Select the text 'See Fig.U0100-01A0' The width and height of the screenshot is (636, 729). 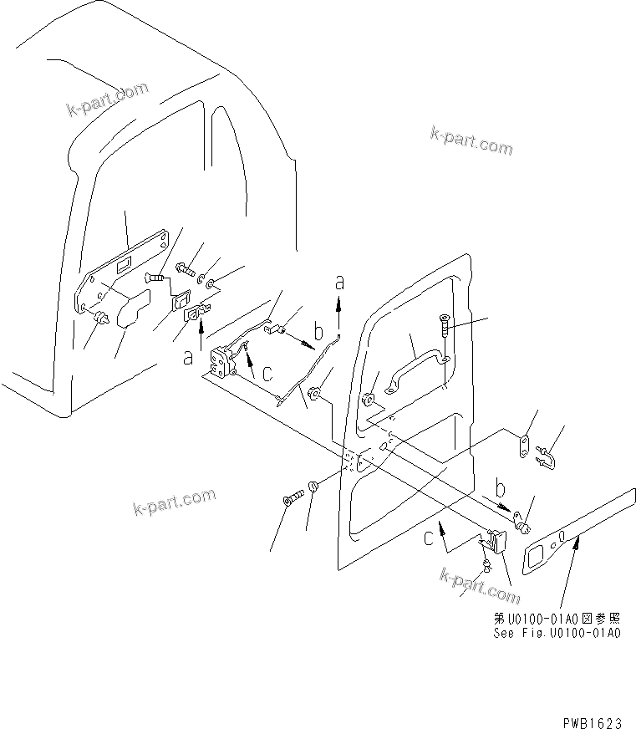[555, 633]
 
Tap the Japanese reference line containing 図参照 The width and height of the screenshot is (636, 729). [555, 619]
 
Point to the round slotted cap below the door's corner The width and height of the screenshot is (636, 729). [314, 487]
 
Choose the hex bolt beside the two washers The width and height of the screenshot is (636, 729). [185, 270]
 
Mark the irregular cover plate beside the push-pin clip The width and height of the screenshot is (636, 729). [131, 308]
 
